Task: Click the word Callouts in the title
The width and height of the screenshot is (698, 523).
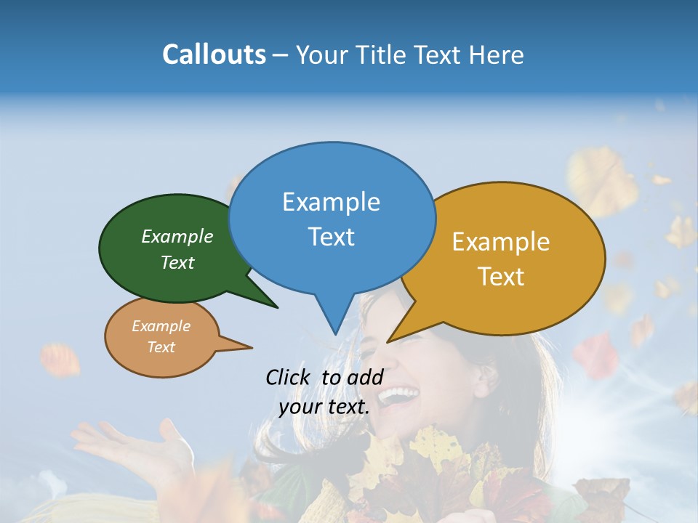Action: (x=214, y=54)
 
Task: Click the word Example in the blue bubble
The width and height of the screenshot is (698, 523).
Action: (x=331, y=202)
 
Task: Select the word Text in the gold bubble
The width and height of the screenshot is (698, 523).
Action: (x=501, y=277)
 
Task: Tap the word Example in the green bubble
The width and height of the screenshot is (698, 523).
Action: (x=177, y=236)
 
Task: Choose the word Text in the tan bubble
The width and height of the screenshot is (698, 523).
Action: (x=161, y=347)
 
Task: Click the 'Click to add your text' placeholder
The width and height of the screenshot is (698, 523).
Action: (x=324, y=392)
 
